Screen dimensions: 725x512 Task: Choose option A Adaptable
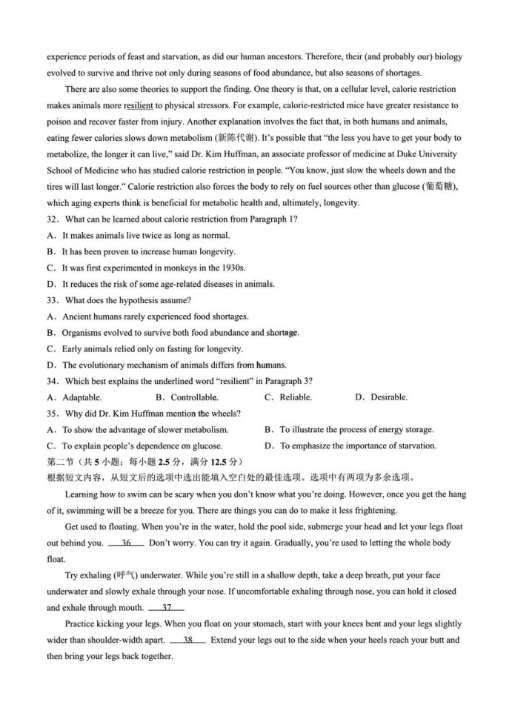click(76, 397)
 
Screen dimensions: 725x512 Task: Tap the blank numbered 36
click(126, 543)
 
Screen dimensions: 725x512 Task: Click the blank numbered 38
click(188, 640)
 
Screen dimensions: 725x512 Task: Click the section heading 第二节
click(61, 462)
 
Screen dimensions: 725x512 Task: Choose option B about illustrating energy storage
click(349, 429)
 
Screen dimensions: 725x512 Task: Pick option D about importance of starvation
click(350, 446)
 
